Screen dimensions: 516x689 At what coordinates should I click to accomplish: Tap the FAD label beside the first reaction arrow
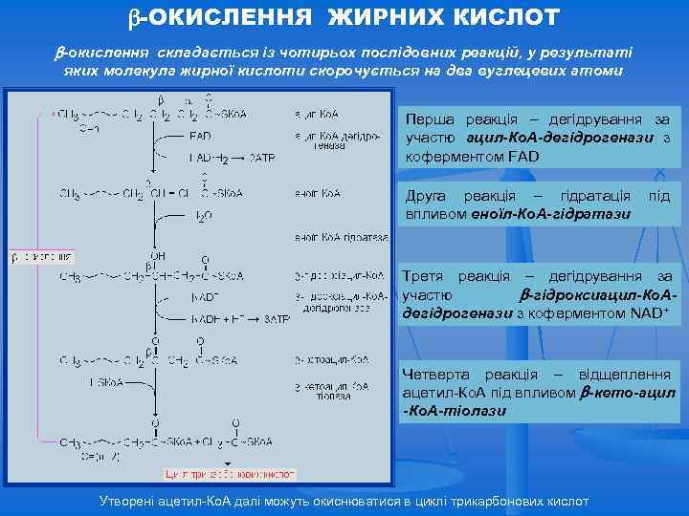tap(201, 136)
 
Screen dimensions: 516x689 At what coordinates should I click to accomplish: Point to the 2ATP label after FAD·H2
tap(263, 160)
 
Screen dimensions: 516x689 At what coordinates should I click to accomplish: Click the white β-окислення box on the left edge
tap(41, 257)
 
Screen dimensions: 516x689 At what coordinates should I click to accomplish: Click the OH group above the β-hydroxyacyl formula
tap(157, 256)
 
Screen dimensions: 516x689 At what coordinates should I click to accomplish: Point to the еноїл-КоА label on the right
tap(319, 193)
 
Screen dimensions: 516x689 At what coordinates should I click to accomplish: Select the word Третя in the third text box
tap(425, 276)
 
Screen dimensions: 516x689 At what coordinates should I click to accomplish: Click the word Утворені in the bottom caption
tap(132, 502)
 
